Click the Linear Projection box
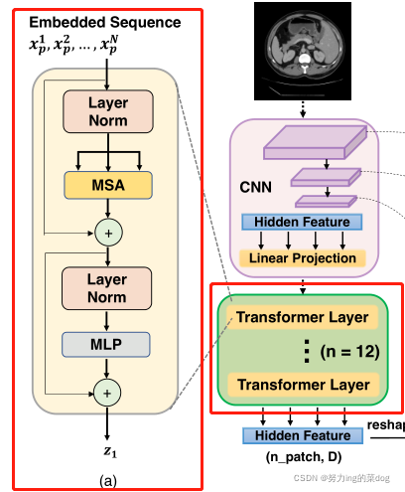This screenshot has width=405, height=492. click(303, 258)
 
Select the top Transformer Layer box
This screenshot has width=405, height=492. click(303, 317)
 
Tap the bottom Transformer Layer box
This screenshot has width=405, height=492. click(303, 385)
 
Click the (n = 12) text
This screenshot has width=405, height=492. click(348, 351)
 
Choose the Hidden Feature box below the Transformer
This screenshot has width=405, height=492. click(303, 435)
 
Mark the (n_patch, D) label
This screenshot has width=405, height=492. click(302, 458)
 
